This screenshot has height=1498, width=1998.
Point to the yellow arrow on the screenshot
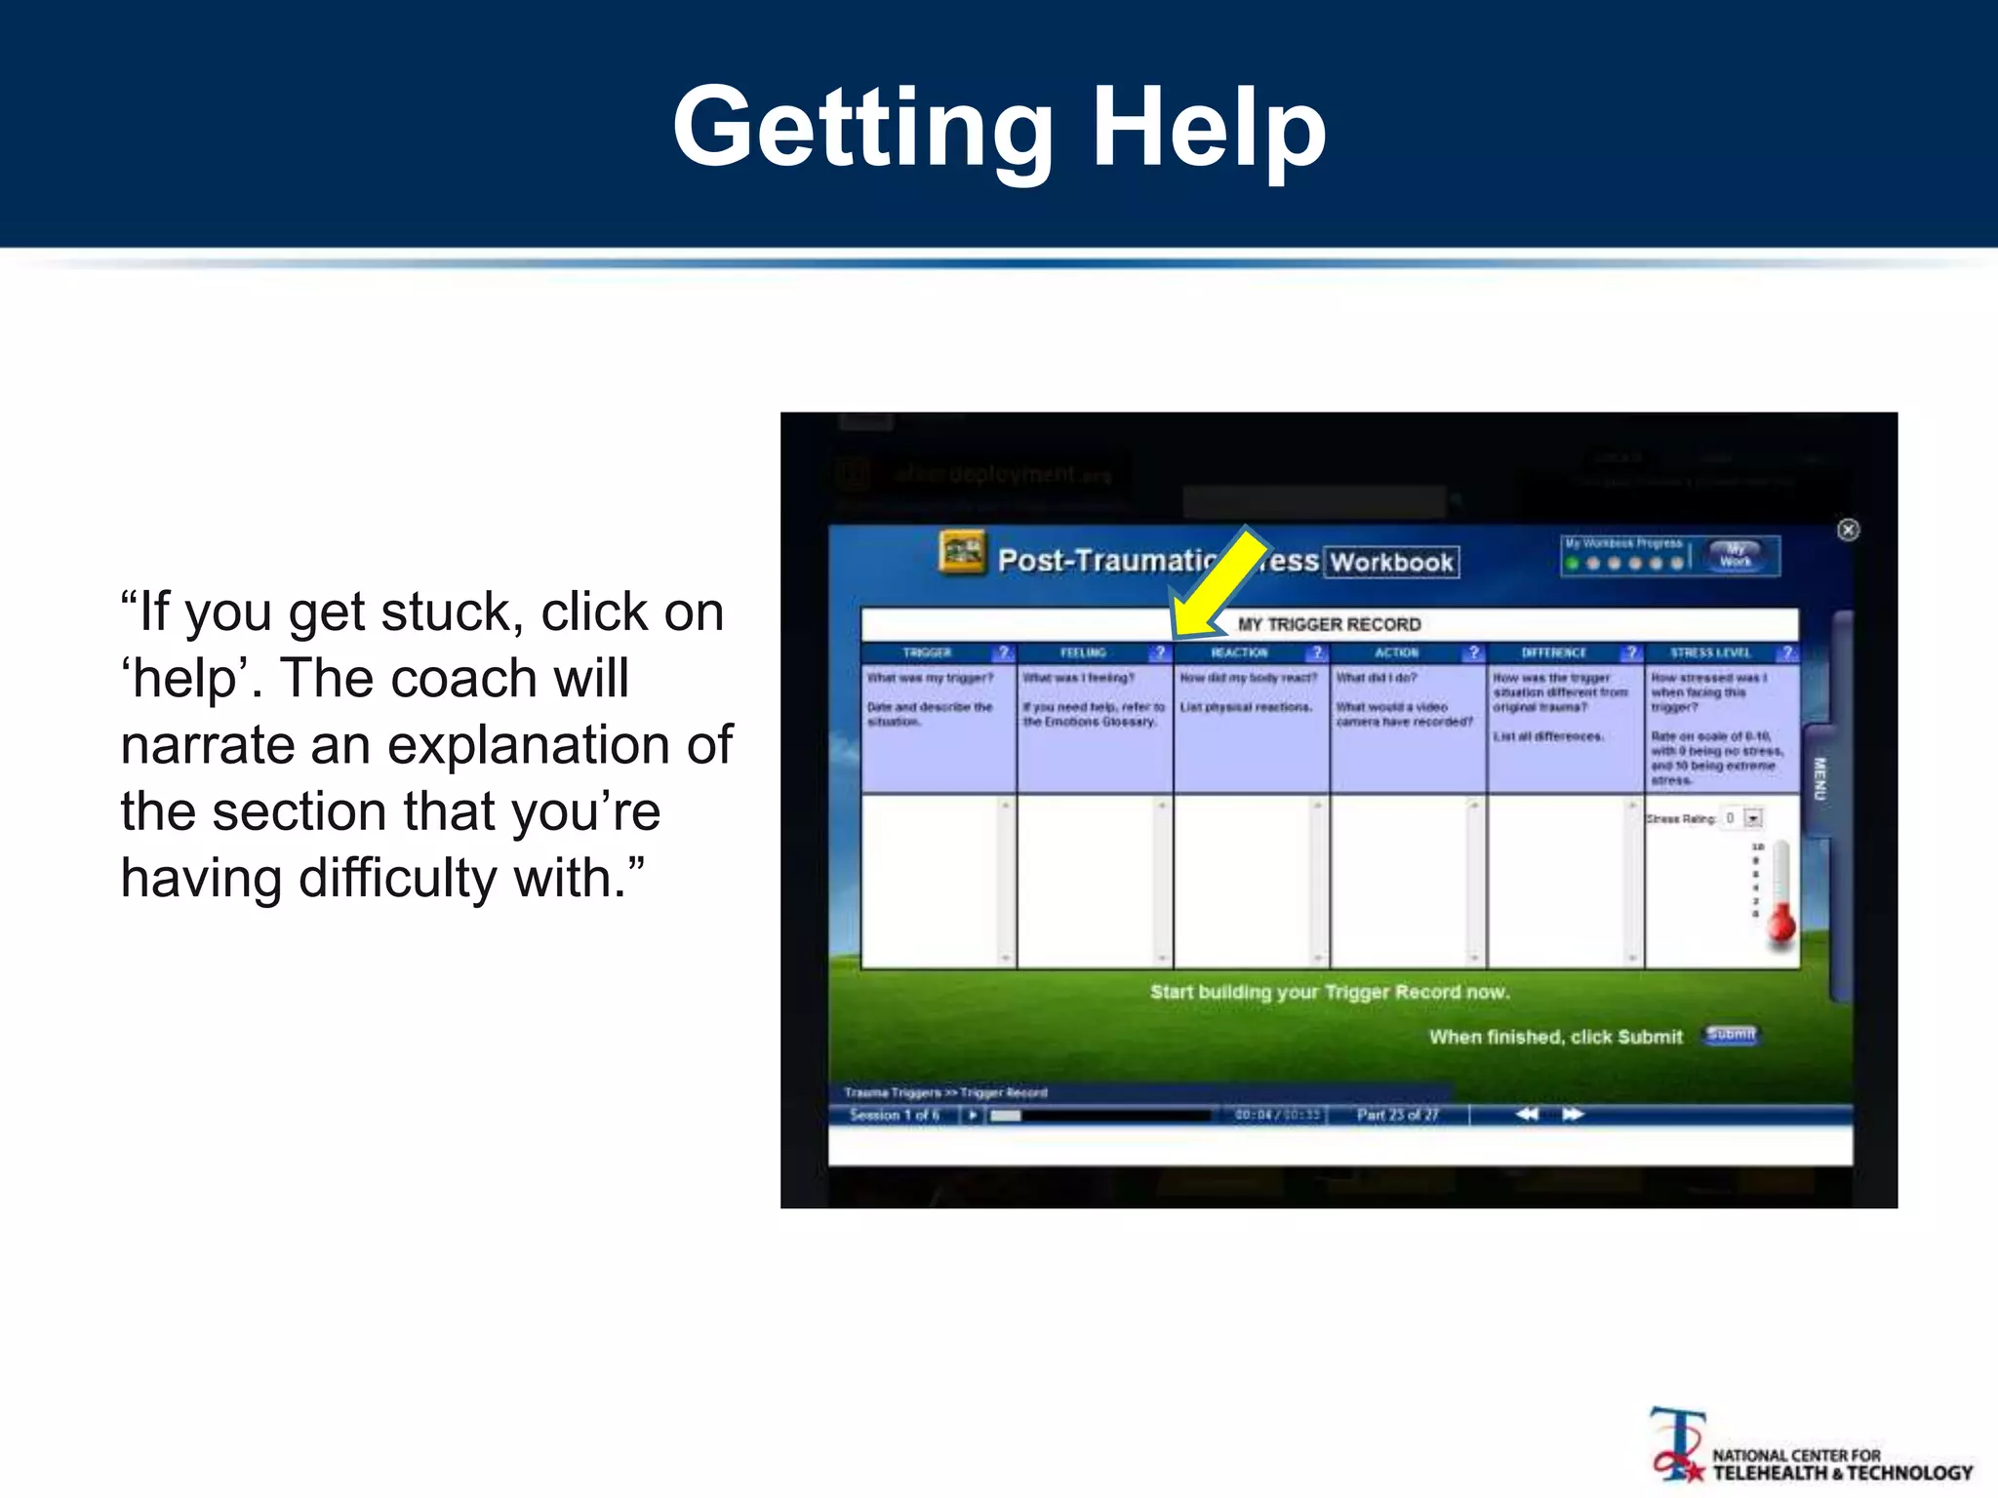coord(1219,581)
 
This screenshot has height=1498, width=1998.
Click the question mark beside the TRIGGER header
coord(1003,652)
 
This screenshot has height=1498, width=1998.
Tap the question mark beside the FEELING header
coord(1159,652)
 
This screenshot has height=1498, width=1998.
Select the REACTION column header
coord(1239,652)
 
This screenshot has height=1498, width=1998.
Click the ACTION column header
coord(1396,652)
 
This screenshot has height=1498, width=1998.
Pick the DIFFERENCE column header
coord(1553,652)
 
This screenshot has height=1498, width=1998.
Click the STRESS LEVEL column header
coord(1709,652)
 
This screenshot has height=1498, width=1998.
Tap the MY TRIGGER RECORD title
coord(1329,624)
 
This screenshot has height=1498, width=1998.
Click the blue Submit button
coord(1731,1035)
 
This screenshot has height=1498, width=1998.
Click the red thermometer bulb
coord(1781,925)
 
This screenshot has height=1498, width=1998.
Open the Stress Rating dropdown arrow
coord(1753,818)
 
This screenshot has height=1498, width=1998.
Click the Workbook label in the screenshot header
coord(1391,562)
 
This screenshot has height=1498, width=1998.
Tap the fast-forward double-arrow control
coord(1573,1114)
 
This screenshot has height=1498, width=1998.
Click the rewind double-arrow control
coord(1527,1114)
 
